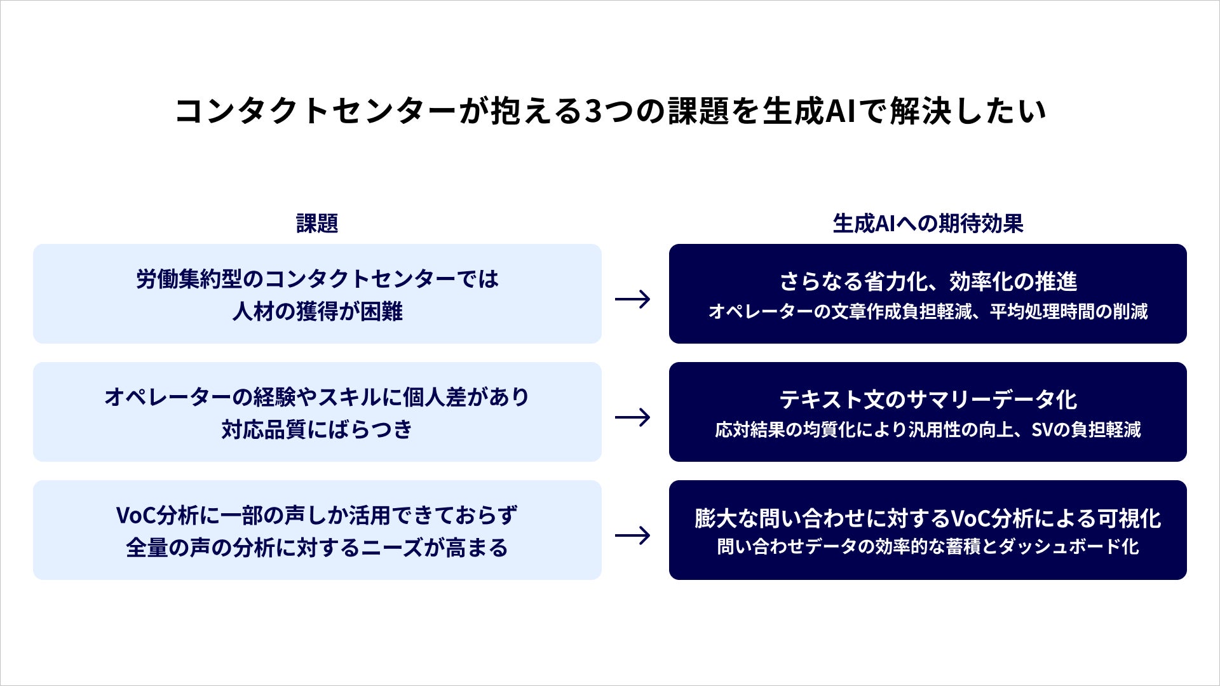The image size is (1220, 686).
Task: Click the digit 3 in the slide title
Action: click(593, 111)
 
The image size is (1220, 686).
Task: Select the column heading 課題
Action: click(317, 224)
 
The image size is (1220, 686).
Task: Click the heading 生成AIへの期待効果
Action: click(928, 224)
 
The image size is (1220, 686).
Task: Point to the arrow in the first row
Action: click(633, 299)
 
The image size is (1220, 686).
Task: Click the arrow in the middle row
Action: click(633, 417)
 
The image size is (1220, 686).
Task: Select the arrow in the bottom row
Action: click(633, 535)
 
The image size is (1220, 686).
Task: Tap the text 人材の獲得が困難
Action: click(317, 311)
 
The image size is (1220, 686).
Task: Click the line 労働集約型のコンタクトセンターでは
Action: click(317, 279)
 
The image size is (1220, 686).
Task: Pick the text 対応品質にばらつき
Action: click(317, 429)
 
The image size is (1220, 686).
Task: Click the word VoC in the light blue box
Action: click(136, 515)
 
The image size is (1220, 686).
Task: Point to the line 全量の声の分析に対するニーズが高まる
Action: click(317, 548)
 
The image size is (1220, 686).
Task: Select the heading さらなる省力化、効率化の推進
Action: click(928, 281)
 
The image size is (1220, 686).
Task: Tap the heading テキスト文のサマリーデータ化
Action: click(928, 399)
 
